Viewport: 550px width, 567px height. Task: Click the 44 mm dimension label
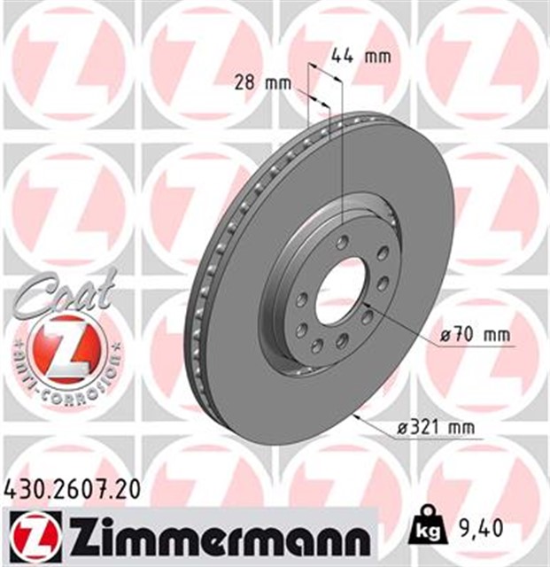click(360, 58)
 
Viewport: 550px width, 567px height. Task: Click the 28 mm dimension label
click(263, 84)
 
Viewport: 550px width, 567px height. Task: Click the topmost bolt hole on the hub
click(342, 242)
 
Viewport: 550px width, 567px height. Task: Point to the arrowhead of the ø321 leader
click(355, 415)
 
